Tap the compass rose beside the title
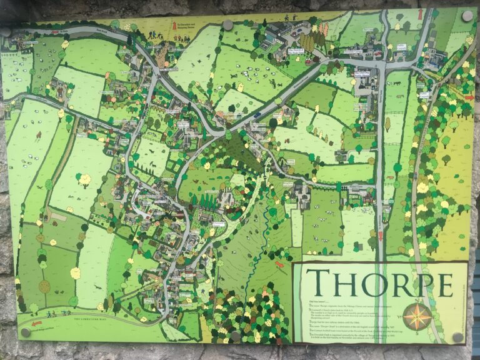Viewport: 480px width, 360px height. point(417,316)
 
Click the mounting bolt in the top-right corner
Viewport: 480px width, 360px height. point(467,16)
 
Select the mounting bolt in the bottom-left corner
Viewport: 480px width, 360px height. point(26,332)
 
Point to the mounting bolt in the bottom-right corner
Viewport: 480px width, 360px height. point(458,337)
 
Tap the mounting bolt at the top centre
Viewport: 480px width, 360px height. point(228,25)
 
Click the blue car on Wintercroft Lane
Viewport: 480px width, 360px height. point(256,114)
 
